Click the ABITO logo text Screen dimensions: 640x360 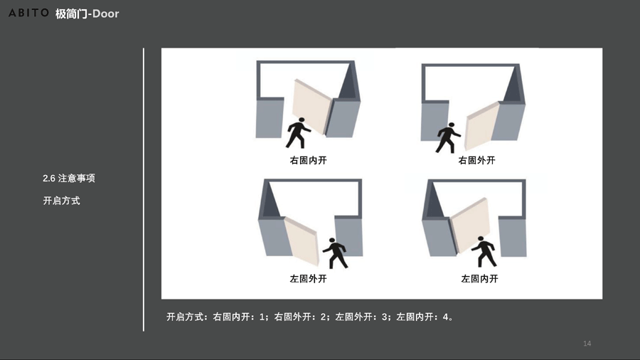[x=28, y=13]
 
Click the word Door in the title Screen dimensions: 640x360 [x=106, y=14]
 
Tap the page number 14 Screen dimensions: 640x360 [x=587, y=343]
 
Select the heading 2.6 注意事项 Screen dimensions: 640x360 [x=69, y=179]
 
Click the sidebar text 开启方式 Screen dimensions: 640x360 [x=62, y=201]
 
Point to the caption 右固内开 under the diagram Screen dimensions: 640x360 [x=308, y=160]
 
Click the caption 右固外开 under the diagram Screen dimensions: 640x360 [x=476, y=160]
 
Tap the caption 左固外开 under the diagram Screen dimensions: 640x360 [x=308, y=279]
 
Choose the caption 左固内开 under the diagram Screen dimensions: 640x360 [x=479, y=279]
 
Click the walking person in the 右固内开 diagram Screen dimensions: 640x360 [x=298, y=133]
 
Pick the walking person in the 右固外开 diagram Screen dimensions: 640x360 [x=448, y=138]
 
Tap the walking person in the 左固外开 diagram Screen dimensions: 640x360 [x=336, y=253]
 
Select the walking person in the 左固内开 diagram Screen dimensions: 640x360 [x=484, y=251]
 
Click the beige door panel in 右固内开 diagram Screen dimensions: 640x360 [x=312, y=107]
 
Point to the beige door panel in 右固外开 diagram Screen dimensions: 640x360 [x=481, y=127]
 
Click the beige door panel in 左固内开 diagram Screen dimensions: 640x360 [x=469, y=226]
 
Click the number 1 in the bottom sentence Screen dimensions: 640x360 [x=262, y=317]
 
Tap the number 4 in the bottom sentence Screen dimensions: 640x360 [x=445, y=317]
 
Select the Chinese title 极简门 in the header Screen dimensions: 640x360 [x=71, y=14]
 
